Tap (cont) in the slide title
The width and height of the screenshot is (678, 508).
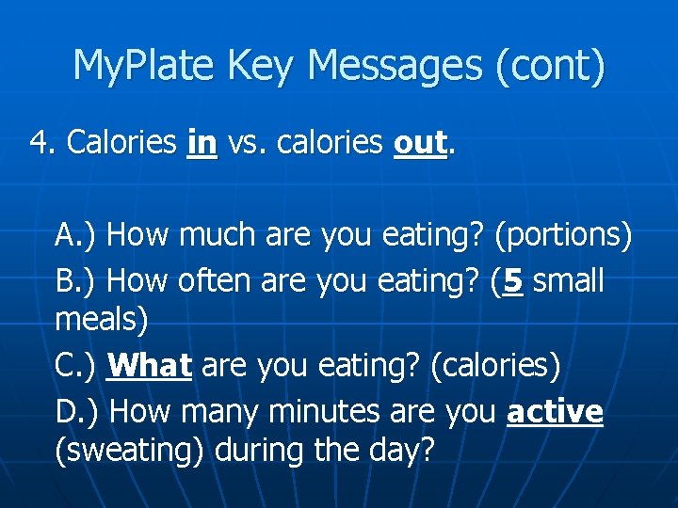[x=548, y=67]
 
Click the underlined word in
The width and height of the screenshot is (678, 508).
[x=202, y=143]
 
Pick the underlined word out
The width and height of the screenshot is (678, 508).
[x=419, y=143]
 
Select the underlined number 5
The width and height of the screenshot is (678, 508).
[x=512, y=279]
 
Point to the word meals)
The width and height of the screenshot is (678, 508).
[x=102, y=320]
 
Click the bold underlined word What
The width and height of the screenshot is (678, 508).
[x=151, y=366]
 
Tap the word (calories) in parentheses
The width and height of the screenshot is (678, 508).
[x=494, y=366]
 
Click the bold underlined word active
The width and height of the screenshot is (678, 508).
[x=555, y=411]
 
